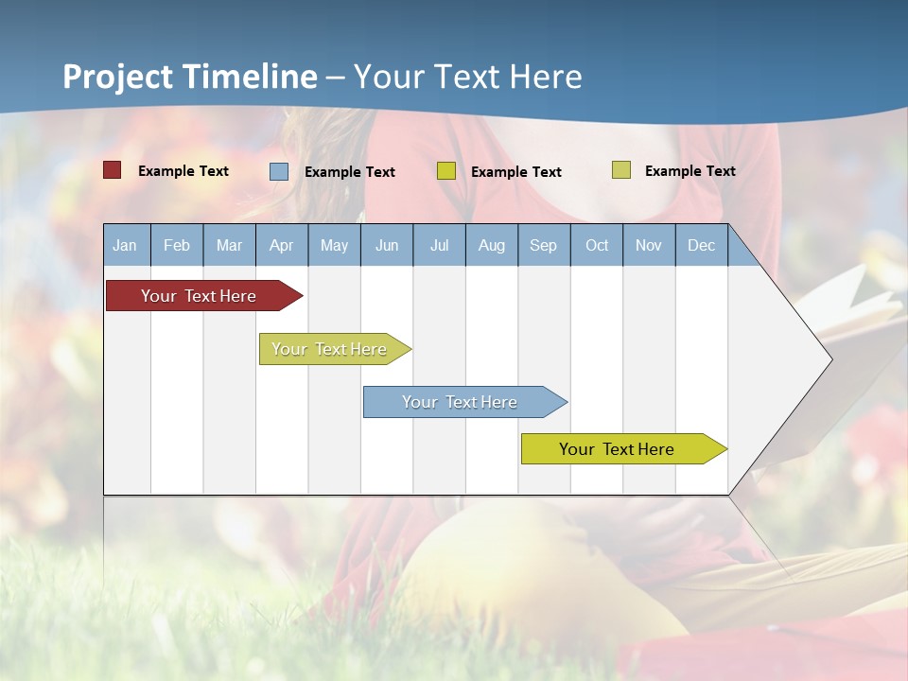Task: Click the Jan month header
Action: click(x=126, y=245)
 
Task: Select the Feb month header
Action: click(x=177, y=245)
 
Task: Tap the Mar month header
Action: click(x=229, y=245)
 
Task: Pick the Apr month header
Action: click(x=281, y=245)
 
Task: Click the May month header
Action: click(x=334, y=245)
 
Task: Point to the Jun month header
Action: click(x=387, y=245)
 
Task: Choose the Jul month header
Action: click(x=439, y=245)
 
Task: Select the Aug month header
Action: click(x=492, y=245)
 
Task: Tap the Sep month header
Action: click(x=544, y=245)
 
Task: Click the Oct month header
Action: click(x=597, y=245)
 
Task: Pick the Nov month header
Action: click(x=649, y=245)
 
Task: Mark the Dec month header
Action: click(x=701, y=245)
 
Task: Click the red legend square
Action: click(x=113, y=170)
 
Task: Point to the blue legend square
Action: click(x=279, y=171)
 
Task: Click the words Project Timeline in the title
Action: click(x=190, y=77)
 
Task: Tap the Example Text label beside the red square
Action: click(x=183, y=171)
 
